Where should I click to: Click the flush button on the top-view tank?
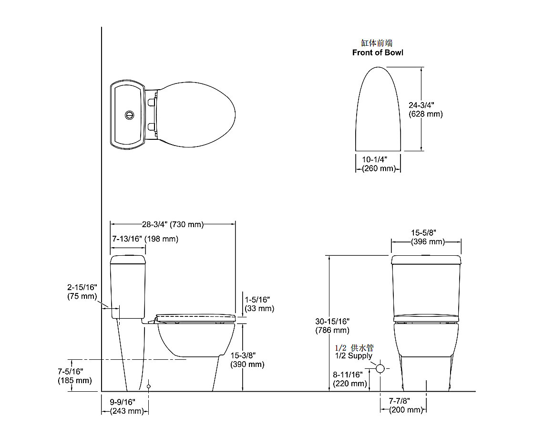129,115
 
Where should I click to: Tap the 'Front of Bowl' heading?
378,52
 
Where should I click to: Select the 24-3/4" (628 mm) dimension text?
426,109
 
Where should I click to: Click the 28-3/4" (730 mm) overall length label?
173,224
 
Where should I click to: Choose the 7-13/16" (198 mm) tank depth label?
145,239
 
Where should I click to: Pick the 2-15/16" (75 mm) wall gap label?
82,292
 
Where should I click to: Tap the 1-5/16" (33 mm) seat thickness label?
259,304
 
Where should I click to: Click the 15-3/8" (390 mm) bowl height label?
247,360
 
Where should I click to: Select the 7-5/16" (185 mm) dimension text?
74,376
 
